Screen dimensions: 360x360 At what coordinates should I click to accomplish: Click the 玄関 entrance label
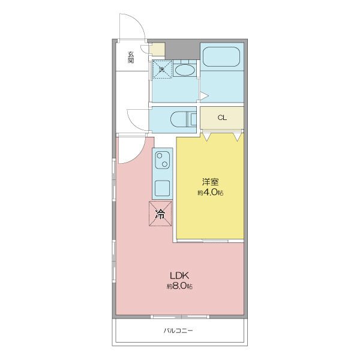(x=131, y=58)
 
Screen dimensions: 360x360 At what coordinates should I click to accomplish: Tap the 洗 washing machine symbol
(x=163, y=69)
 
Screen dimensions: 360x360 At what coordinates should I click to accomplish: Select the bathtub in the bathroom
(x=221, y=57)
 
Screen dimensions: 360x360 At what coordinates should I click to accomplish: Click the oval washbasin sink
(x=184, y=70)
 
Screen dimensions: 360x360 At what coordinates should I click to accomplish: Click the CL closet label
(x=222, y=118)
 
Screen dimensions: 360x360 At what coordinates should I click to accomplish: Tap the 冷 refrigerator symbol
(x=160, y=214)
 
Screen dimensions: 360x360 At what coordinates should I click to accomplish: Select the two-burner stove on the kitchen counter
(x=163, y=160)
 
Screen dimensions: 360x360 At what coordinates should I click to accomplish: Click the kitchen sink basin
(x=163, y=188)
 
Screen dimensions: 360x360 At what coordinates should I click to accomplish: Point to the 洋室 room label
(x=211, y=182)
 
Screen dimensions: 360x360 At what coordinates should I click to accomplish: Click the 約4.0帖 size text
(x=211, y=193)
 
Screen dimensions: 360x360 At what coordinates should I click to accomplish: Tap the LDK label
(x=179, y=275)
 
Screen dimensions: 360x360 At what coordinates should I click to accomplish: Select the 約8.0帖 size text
(x=179, y=286)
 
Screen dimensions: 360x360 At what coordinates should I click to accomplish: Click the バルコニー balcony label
(x=178, y=331)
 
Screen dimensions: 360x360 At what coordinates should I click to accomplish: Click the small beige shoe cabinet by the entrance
(x=157, y=49)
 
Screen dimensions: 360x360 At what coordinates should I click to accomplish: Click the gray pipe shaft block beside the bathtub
(x=182, y=51)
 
